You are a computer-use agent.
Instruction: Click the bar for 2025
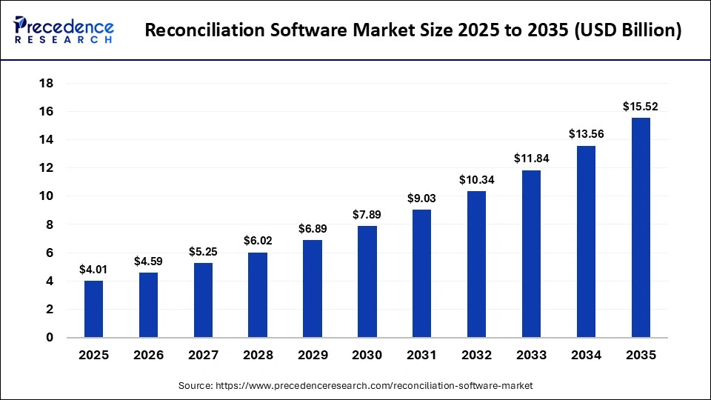click(x=93, y=309)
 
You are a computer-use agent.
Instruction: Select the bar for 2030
click(x=367, y=281)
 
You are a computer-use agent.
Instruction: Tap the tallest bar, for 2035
click(x=641, y=227)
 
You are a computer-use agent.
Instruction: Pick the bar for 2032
click(x=476, y=264)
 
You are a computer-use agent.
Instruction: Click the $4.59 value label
click(x=148, y=261)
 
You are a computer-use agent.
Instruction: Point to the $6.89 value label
click(x=313, y=228)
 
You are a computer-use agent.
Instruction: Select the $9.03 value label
click(x=422, y=198)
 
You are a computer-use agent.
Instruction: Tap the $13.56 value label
click(x=586, y=134)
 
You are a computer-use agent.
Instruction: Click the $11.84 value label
click(x=531, y=159)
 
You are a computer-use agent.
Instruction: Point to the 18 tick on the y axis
click(x=46, y=83)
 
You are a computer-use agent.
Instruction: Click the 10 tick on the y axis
click(x=46, y=196)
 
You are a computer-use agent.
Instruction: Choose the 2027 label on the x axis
click(x=203, y=356)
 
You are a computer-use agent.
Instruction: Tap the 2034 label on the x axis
click(x=586, y=356)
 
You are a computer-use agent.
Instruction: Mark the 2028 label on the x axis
click(x=258, y=356)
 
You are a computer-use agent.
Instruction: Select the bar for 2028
click(x=258, y=295)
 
